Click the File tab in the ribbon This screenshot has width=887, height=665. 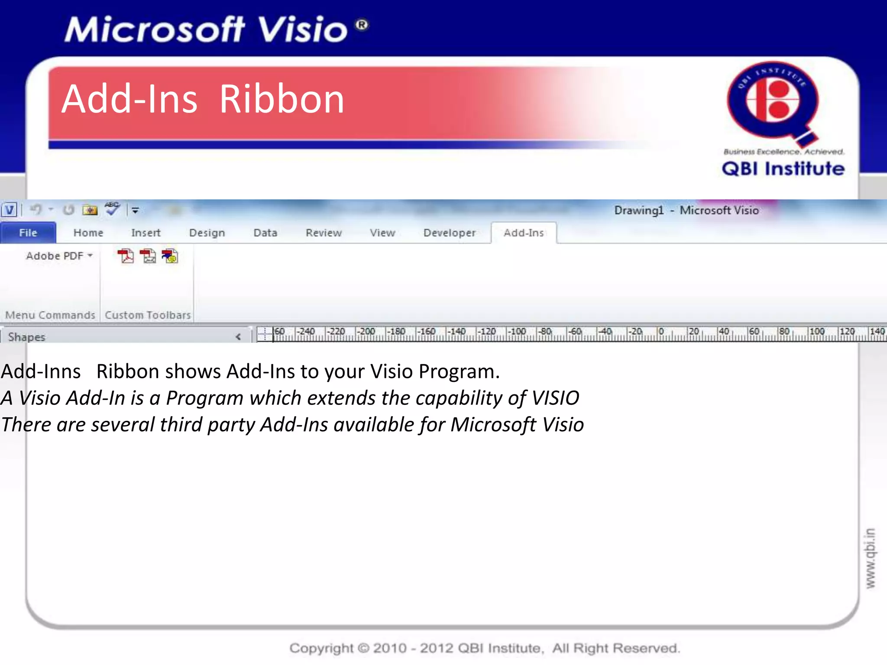tap(28, 233)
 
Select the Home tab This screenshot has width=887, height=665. tap(88, 233)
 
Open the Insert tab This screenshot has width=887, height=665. tap(146, 233)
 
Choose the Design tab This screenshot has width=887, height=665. tap(207, 233)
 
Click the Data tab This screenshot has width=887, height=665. tap(265, 233)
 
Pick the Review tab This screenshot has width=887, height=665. tap(324, 233)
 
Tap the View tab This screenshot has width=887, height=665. tap(382, 233)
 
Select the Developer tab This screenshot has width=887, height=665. tap(450, 233)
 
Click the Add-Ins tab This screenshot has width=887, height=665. tap(524, 233)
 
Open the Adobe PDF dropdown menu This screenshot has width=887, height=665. tap(59, 256)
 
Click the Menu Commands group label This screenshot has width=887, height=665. tap(50, 315)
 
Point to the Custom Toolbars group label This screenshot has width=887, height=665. tap(148, 315)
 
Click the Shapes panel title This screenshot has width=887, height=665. tap(27, 337)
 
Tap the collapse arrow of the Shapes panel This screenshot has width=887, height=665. tap(238, 337)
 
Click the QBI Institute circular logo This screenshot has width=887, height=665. tap(773, 101)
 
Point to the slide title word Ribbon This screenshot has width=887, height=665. tap(282, 100)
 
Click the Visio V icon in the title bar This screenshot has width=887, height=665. tap(10, 210)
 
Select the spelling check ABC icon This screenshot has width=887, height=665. tap(112, 209)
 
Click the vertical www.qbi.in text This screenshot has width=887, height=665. tap(870, 558)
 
